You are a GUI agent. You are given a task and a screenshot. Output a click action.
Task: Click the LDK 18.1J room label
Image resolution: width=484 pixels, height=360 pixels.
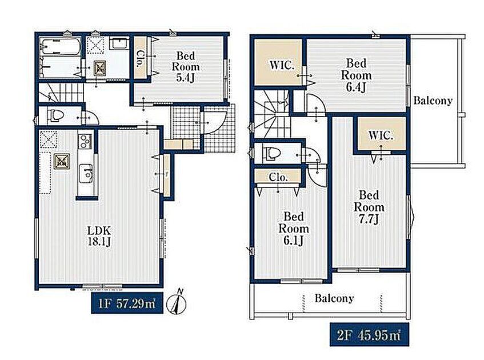coord(99,236)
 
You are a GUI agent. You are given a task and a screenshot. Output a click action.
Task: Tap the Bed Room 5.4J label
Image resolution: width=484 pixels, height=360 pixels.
coord(186,67)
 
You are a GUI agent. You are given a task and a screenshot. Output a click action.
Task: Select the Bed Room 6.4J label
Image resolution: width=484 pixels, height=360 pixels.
coord(356,75)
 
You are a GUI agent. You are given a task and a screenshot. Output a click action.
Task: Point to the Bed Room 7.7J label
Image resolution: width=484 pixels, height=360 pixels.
coord(369,207)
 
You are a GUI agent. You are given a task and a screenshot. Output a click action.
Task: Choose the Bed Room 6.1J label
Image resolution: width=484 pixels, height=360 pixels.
coord(294,229)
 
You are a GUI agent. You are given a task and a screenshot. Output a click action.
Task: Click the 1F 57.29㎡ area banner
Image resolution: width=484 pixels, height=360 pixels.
coord(127,303)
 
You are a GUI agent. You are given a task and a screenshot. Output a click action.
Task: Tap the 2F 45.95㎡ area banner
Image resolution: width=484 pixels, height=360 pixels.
coord(369,334)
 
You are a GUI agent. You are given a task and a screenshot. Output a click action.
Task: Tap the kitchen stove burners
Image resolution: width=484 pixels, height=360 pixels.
coord(85,142)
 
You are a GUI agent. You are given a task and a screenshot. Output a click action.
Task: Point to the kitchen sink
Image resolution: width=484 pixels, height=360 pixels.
coord(86,174)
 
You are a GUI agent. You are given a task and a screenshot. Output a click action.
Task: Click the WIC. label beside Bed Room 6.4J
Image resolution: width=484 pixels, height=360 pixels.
coord(282,66)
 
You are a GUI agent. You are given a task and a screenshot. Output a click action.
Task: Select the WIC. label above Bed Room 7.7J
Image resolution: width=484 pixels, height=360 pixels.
coord(381,135)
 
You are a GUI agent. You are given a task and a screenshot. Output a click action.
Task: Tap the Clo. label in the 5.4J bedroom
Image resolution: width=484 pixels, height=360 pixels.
coord(139,58)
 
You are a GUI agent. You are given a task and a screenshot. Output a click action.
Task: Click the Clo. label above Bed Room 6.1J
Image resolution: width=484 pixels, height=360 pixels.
coord(278,177)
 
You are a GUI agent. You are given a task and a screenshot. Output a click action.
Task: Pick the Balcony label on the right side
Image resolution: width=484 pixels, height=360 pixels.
coord(433,101)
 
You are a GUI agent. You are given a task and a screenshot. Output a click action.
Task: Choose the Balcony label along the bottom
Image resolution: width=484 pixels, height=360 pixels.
coord(334,298)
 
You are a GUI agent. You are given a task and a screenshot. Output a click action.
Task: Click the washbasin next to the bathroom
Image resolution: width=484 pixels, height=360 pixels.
coord(119,43)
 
